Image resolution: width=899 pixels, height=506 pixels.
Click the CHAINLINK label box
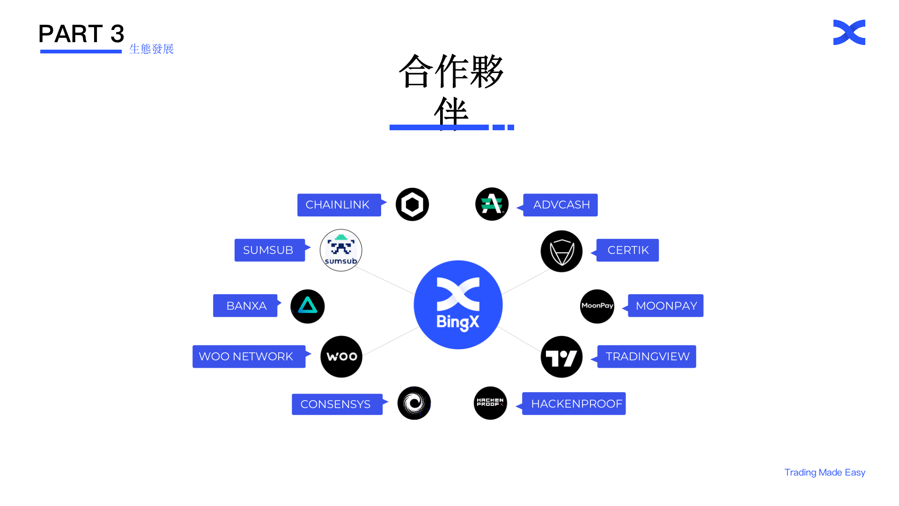[339, 205]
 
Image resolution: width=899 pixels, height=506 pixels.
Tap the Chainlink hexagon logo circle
[412, 205]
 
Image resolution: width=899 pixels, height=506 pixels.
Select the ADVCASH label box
[560, 205]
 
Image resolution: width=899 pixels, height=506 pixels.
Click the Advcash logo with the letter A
[492, 204]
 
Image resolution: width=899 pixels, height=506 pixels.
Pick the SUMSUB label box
[269, 250]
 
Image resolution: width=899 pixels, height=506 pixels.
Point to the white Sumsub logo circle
[341, 250]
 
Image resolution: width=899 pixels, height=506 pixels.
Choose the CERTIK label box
[627, 250]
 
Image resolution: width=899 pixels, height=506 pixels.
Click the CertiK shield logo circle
[561, 251]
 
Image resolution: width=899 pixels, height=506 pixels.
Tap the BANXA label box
[245, 305]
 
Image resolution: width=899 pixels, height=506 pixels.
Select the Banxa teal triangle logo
[308, 306]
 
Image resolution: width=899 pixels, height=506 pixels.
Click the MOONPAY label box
[665, 305]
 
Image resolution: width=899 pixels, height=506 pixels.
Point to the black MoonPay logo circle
[597, 306]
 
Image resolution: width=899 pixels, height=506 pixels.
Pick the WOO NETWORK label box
[249, 357]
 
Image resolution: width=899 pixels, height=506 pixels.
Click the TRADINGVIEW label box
[647, 357]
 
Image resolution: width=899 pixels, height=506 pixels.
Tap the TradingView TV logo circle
[561, 357]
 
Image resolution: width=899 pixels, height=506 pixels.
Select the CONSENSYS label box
[337, 404]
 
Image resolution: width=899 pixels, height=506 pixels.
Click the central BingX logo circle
[458, 305]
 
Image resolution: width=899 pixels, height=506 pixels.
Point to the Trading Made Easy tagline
[825, 472]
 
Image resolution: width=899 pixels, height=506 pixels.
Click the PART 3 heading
[81, 34]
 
